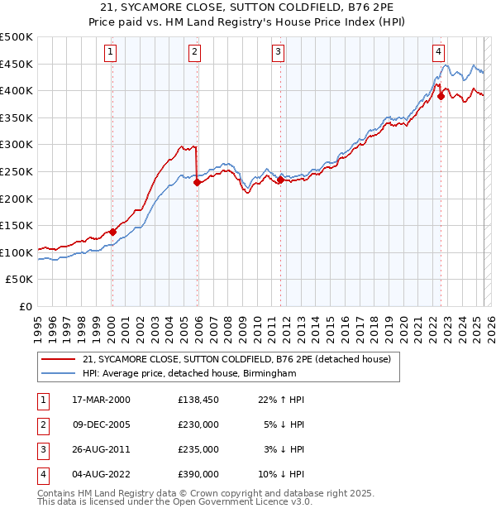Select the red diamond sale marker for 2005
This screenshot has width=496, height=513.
(197, 183)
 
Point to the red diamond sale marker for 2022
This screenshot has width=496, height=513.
(441, 96)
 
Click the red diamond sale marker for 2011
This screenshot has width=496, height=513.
(281, 180)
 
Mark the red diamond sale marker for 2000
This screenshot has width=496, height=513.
(112, 232)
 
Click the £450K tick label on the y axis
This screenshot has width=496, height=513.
(16, 64)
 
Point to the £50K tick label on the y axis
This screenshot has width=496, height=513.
(19, 280)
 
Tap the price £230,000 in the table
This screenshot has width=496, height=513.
(198, 424)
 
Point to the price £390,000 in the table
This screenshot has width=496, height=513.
(198, 474)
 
